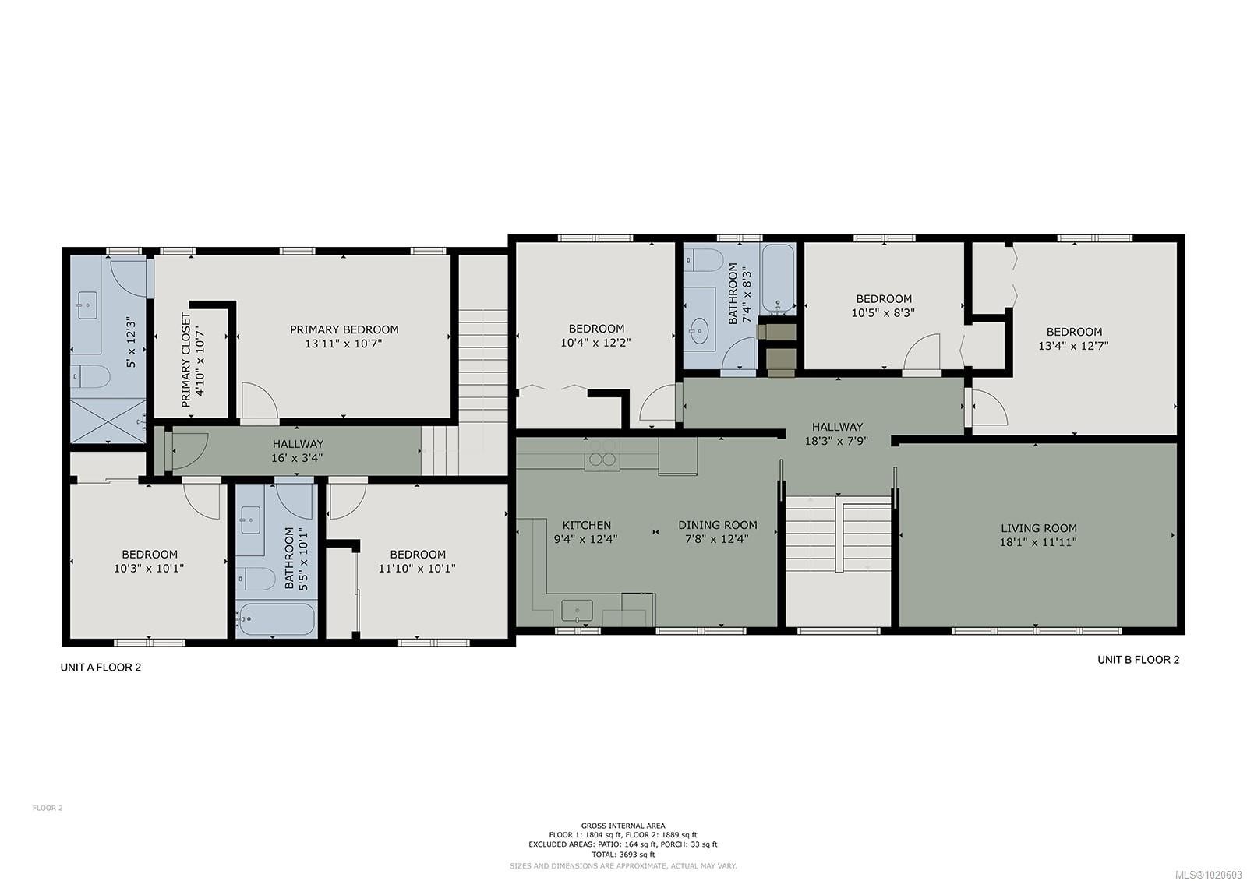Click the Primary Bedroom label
[344, 329]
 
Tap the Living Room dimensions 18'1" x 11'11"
[1038, 542]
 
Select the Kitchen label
[586, 525]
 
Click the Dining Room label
[717, 525]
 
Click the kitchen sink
[578, 609]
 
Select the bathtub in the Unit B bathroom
[778, 278]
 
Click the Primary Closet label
[185, 360]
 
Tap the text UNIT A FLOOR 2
[101, 668]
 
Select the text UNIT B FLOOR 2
[1138, 660]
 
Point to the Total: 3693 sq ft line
[623, 855]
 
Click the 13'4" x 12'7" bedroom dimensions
[1073, 346]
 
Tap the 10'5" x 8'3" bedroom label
[883, 298]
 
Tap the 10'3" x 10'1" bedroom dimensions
[149, 569]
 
